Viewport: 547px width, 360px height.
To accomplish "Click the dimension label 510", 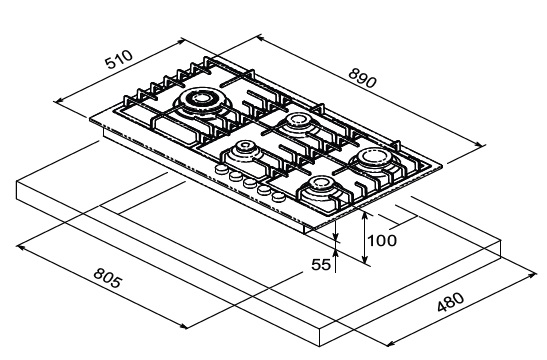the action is [x=119, y=59].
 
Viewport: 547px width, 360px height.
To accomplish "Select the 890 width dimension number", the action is [x=362, y=78].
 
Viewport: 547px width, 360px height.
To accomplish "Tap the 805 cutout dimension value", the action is [x=108, y=278].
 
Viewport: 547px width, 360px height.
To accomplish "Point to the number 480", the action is [x=450, y=302].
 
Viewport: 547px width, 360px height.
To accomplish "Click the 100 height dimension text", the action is [x=382, y=241].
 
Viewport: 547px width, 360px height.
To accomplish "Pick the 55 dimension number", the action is [x=321, y=265].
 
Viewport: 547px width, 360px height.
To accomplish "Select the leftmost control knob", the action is [x=222, y=170].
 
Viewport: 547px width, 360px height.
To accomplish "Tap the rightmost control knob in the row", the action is [x=278, y=197].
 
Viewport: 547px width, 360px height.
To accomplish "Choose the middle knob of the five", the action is [x=250, y=183].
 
